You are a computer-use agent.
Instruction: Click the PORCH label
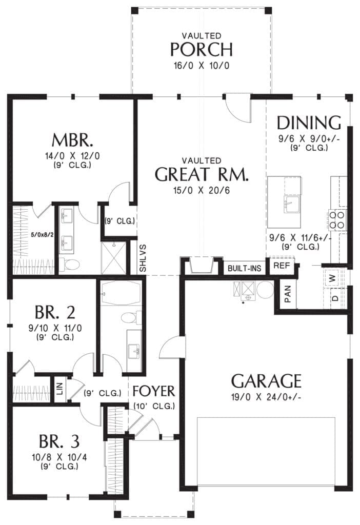click(x=201, y=49)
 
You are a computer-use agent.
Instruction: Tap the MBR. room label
click(x=72, y=140)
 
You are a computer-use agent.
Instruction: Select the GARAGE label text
click(x=266, y=381)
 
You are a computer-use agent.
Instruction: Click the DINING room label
click(x=309, y=123)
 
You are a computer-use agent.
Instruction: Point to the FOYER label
click(x=154, y=391)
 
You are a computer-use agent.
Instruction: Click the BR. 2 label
click(x=55, y=312)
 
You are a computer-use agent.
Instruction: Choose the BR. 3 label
click(x=59, y=441)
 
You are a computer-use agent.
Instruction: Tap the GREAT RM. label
click(x=202, y=174)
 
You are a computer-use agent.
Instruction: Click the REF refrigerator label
click(x=282, y=266)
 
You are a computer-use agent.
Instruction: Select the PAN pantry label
click(x=288, y=294)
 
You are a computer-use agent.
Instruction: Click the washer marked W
click(x=332, y=277)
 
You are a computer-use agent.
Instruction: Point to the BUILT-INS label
click(x=244, y=268)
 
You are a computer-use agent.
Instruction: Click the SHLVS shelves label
click(x=143, y=258)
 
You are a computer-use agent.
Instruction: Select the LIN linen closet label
click(x=60, y=389)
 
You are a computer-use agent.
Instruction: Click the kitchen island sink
click(x=292, y=204)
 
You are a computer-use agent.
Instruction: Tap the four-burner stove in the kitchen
click(x=337, y=219)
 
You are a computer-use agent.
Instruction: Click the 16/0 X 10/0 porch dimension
click(x=201, y=65)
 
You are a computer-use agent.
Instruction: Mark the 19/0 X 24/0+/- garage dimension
click(x=266, y=397)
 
